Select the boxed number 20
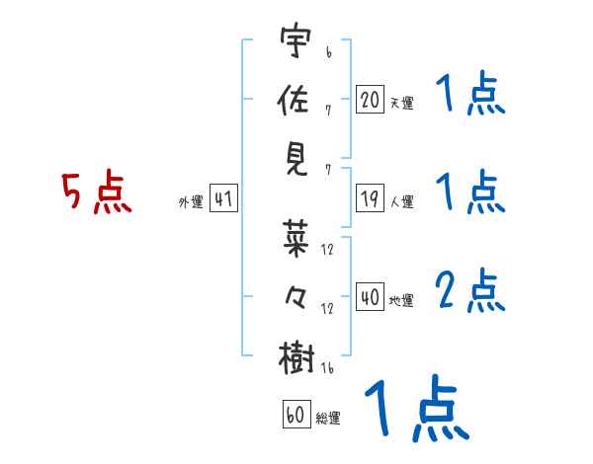click(x=370, y=99)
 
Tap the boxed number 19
click(x=370, y=199)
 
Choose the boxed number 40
click(x=370, y=297)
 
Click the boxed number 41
click(x=223, y=199)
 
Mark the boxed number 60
click(x=296, y=416)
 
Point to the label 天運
click(x=401, y=102)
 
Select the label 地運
click(x=401, y=300)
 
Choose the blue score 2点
click(x=470, y=291)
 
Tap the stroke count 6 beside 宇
click(x=327, y=45)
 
